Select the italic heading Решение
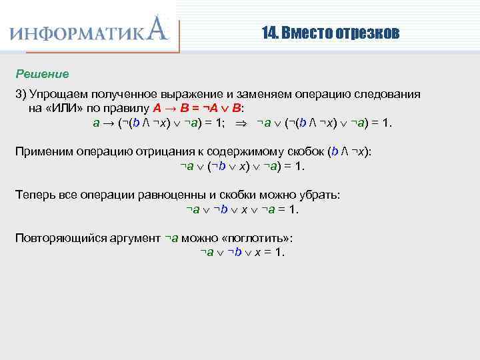[42, 73]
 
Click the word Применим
[44, 151]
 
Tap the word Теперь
[36, 195]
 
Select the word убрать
[317, 195]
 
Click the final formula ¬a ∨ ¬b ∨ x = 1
[242, 252]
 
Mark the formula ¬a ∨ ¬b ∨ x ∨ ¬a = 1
[242, 209]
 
